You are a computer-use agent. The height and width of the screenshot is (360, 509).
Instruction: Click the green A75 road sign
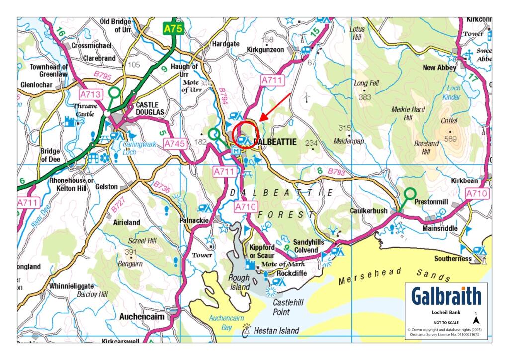pos(173,29)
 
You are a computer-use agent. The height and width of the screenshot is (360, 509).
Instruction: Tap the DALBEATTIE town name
pos(275,142)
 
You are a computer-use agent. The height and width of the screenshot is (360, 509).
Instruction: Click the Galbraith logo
pos(446,297)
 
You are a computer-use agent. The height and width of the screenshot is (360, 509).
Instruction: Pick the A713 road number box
pos(89,94)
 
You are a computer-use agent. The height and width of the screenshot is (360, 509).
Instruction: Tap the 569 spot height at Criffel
pos(451,139)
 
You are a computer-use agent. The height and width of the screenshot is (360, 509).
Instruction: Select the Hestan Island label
pos(276,330)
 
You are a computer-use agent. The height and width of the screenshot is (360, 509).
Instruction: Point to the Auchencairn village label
pos(142,316)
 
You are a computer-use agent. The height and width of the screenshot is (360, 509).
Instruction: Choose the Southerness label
pos(452,259)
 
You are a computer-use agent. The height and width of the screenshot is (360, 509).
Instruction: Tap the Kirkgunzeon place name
pos(269,50)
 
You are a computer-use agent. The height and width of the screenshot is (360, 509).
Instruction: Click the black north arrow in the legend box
pos(476,320)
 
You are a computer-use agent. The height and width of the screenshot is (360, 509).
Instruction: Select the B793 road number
pos(336,172)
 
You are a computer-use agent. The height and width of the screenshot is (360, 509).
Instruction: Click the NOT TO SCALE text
pos(446,322)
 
